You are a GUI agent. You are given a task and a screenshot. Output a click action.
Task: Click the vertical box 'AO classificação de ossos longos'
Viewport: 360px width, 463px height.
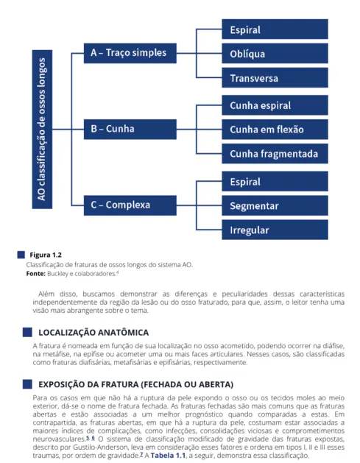point(43,129)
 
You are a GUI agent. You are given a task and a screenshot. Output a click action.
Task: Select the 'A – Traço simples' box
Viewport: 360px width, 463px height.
point(129,53)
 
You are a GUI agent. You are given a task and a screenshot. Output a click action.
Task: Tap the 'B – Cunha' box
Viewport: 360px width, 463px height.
point(129,129)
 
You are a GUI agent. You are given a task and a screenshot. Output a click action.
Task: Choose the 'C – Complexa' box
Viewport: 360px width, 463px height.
point(129,205)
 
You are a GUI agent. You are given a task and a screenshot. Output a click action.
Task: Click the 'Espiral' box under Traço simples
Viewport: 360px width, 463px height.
point(275,30)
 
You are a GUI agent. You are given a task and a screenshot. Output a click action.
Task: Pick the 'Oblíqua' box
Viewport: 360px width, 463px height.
point(275,54)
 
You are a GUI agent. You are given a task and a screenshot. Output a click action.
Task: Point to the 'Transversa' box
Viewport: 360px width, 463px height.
point(275,78)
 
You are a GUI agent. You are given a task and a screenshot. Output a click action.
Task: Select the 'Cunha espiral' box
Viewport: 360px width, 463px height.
point(275,105)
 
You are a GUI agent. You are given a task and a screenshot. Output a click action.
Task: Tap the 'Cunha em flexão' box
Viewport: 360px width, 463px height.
point(275,130)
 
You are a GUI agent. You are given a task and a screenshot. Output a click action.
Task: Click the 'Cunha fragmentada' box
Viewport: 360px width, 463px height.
point(275,154)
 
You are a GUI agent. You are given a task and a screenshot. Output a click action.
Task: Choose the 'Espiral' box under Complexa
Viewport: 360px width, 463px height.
point(275,182)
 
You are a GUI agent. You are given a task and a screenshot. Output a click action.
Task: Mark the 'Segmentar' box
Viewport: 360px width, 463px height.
point(275,206)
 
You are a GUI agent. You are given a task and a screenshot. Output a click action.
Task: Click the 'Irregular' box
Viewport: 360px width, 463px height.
point(275,230)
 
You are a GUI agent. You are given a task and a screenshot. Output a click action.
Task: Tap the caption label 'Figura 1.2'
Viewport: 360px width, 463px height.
point(46,255)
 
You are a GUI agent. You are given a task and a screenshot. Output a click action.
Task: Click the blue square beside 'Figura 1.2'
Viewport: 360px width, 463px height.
point(21,255)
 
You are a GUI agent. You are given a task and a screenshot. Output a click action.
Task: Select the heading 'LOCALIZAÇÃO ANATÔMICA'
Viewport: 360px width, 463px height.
point(93,333)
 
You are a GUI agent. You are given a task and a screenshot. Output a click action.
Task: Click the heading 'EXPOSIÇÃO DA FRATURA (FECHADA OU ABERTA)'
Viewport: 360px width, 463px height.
point(135,384)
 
